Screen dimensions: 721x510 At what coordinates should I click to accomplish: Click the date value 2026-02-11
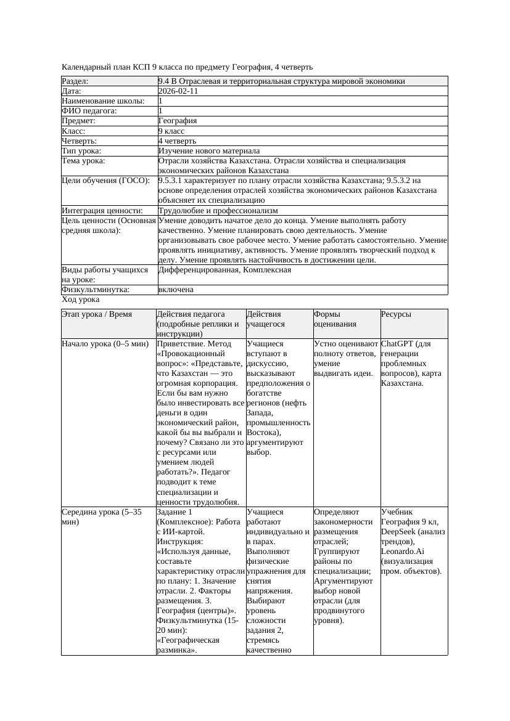click(x=178, y=91)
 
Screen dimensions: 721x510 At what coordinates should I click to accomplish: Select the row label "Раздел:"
click(x=75, y=81)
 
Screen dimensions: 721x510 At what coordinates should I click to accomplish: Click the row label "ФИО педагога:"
click(x=89, y=111)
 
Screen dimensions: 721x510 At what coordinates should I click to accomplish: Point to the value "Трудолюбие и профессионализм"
click(x=218, y=211)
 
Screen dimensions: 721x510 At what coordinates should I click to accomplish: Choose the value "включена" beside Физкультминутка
click(x=176, y=290)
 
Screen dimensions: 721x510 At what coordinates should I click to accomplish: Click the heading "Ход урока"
click(x=80, y=299)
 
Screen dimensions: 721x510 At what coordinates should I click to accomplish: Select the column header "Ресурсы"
click(x=396, y=314)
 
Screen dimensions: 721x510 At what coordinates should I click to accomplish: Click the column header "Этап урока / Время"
click(x=97, y=314)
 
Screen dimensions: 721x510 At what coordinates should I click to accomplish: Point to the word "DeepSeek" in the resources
click(x=400, y=531)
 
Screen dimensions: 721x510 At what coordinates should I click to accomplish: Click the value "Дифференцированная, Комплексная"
click(x=224, y=270)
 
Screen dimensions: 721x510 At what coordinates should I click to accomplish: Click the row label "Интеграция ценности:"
click(x=102, y=211)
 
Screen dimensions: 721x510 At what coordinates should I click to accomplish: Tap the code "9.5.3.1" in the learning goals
click(x=172, y=181)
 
